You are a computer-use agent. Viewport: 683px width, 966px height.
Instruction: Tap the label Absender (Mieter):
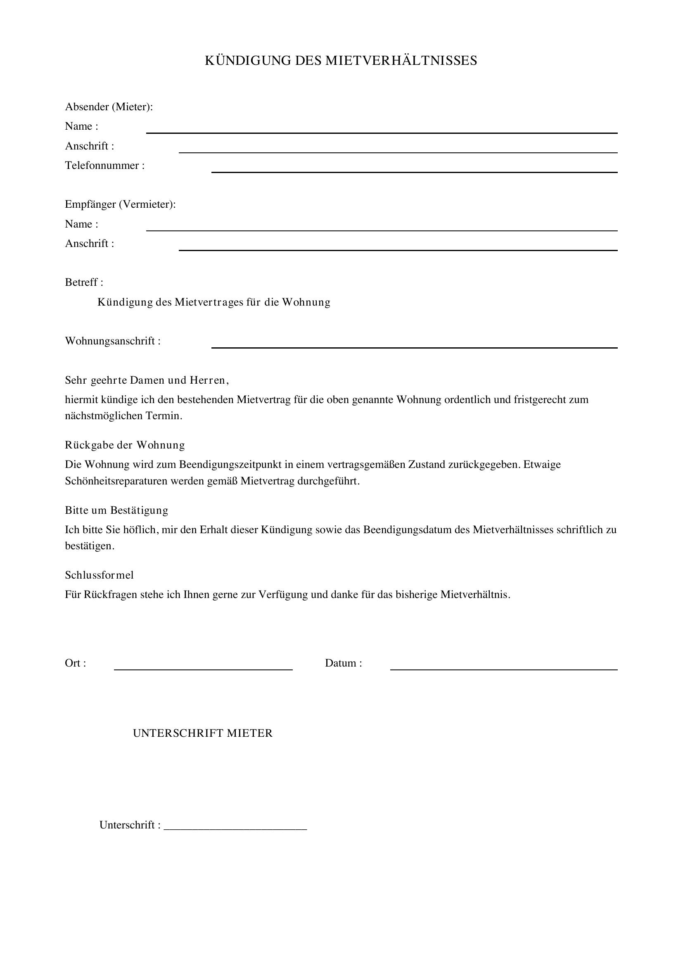[109, 107]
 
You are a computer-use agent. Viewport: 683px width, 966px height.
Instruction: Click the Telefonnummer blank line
[414, 172]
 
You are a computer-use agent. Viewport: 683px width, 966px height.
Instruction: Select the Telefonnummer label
[105, 166]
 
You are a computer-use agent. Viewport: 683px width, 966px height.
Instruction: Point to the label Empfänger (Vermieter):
[120, 204]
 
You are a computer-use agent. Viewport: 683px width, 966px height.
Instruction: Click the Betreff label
[84, 282]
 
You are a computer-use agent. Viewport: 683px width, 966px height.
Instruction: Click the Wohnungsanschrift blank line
[414, 347]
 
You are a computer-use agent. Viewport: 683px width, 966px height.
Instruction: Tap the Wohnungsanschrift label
[113, 341]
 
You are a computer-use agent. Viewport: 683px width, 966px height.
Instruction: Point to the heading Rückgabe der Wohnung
[125, 445]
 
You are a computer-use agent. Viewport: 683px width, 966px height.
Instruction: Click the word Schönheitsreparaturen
[116, 481]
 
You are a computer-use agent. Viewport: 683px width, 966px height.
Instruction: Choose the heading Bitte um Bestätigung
[116, 510]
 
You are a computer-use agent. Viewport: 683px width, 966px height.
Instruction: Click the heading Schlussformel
[99, 575]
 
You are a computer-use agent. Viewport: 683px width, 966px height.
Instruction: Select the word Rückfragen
[111, 595]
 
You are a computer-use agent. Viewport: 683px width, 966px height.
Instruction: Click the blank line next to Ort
[203, 669]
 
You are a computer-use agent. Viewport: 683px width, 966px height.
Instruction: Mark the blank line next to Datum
[503, 669]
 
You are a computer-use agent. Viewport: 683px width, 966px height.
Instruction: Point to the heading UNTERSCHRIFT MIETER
[203, 733]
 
